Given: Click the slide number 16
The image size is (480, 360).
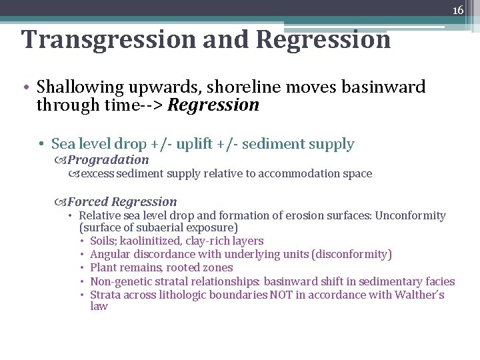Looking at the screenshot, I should pos(458,10).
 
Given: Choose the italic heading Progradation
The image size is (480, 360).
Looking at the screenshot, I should pos(108,160).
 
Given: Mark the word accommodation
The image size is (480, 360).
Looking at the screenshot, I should pos(294,174).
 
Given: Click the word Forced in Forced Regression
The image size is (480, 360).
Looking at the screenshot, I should pos(88,202).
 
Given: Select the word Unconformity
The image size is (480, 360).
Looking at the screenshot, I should pos(410,216).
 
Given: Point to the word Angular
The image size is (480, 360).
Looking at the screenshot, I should pos(110,254).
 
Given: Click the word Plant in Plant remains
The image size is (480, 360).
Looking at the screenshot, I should pos(103,268).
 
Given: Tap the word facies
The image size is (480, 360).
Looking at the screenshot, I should pos(439,281).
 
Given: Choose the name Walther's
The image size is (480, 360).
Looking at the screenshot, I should pos(420,295).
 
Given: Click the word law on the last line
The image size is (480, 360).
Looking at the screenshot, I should pos(99,307).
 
